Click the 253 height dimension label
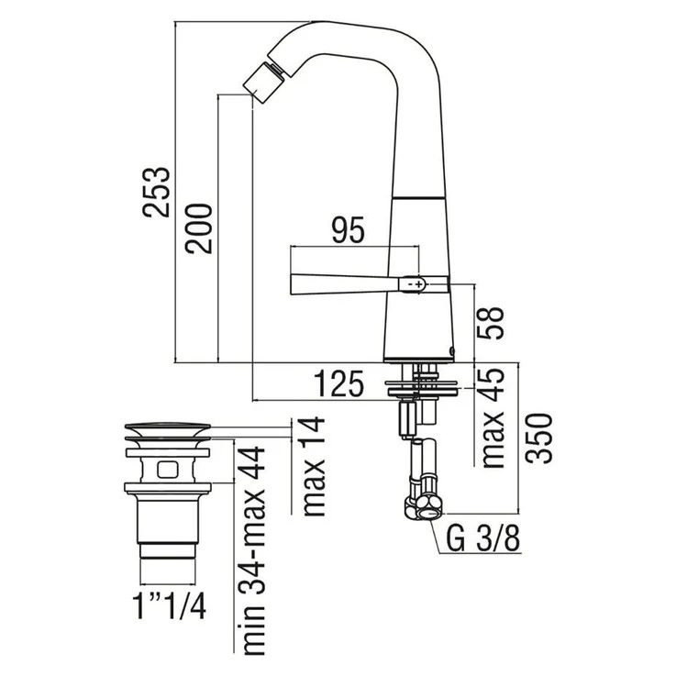157,192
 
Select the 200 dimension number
199,228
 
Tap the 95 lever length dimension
348,229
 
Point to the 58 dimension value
490,323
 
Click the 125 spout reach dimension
338,383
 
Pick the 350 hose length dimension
538,438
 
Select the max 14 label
315,466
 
